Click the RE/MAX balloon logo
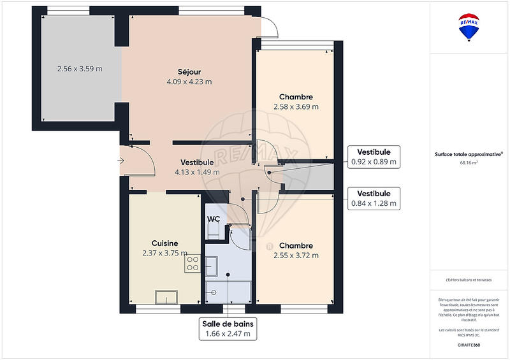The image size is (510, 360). click(470, 28)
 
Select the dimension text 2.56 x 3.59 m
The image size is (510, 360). click(80, 69)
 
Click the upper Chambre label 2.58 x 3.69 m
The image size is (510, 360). click(295, 102)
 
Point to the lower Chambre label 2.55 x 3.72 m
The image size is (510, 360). click(295, 250)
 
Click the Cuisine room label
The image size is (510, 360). click(164, 248)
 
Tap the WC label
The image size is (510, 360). click(214, 219)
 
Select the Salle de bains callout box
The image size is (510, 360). click(226, 328)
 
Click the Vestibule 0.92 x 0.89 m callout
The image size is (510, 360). click(374, 157)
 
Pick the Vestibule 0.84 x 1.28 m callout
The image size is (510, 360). click(374, 199)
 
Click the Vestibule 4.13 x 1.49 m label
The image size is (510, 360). click(197, 167)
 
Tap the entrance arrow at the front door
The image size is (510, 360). click(121, 161)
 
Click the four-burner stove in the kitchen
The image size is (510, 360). click(193, 264)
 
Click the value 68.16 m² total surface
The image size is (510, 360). click(469, 162)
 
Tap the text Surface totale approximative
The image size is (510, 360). click(469, 154)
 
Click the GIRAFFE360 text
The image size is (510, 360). click(469, 344)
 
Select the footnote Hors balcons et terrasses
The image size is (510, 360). click(469, 280)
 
